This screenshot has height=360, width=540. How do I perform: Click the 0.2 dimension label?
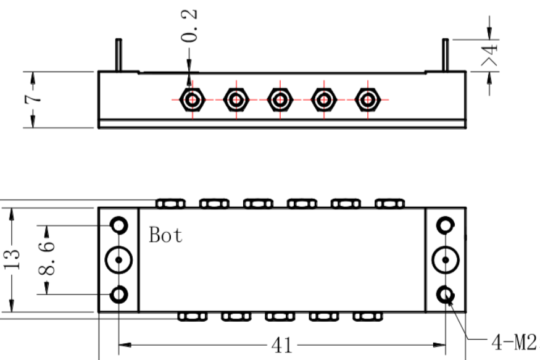point(189,26)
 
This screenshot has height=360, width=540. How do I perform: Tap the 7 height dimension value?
point(33,99)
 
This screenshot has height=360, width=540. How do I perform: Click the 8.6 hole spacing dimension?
point(46,259)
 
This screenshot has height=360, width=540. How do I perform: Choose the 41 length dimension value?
point(281,345)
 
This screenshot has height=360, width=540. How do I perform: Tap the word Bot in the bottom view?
point(165,235)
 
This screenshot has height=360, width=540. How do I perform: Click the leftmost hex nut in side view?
point(192,100)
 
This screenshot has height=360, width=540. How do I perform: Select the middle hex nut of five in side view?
point(280,100)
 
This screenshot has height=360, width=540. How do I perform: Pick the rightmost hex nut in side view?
point(368,100)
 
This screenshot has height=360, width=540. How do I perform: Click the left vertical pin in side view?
point(118,55)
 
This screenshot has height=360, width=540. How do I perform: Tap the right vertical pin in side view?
point(446,55)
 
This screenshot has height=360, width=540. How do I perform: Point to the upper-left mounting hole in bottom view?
point(118,217)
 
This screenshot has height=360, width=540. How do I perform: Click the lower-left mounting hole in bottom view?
point(118,287)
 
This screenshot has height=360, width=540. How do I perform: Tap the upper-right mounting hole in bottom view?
point(446,217)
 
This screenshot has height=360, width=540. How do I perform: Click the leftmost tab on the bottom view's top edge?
point(170,204)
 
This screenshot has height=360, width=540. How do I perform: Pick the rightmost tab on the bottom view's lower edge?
point(368,317)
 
